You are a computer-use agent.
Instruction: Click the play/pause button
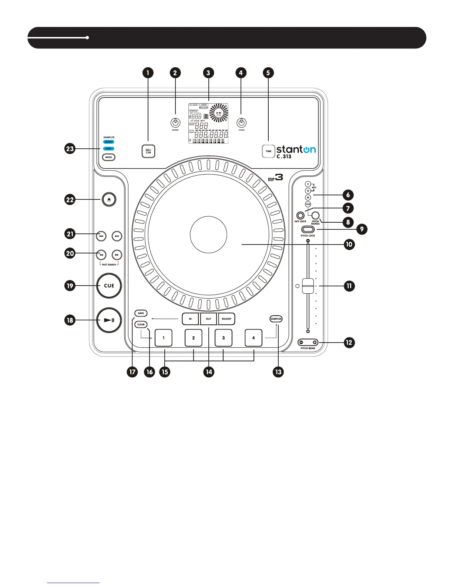coord(109,320)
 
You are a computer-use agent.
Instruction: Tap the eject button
coord(109,199)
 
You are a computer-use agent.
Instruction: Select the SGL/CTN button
coord(148,151)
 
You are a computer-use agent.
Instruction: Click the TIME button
coord(268,151)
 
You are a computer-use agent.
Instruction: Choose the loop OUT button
coord(208,319)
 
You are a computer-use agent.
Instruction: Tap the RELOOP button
coord(226,319)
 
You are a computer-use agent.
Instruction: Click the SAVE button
coord(141,313)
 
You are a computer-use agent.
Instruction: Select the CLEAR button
coord(141,324)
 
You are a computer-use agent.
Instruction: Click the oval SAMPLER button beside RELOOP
coord(276,319)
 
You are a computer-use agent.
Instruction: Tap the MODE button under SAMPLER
coord(108,157)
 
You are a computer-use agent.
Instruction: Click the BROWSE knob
coord(175,123)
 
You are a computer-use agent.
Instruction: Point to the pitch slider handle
coord(308,286)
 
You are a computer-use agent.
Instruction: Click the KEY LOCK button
coord(300,215)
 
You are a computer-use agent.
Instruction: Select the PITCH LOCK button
coord(308,230)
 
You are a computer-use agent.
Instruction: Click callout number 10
coord(349,244)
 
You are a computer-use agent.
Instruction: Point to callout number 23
coord(70,149)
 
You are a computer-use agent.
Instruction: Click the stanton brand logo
coord(296,149)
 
